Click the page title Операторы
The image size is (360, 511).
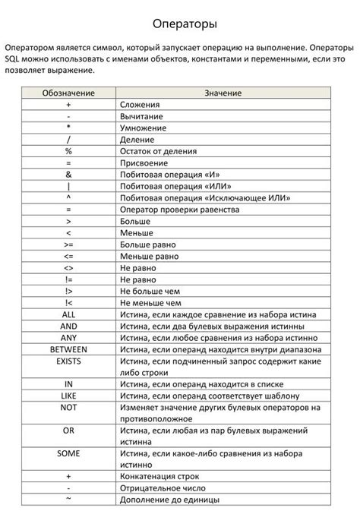(179, 24)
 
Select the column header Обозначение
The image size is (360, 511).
(68, 93)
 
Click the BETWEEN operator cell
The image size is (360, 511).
(68, 349)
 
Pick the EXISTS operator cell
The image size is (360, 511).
(68, 361)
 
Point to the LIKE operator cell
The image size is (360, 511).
(68, 396)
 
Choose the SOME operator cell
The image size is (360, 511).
(68, 453)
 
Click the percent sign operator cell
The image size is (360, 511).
(68, 151)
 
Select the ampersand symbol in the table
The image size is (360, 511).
(68, 174)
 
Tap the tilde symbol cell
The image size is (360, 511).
(68, 500)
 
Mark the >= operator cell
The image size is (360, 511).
(68, 244)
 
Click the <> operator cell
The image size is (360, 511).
(68, 267)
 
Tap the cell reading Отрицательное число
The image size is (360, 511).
(160, 488)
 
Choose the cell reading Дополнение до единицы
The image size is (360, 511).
(169, 500)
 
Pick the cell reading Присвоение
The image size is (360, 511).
(144, 162)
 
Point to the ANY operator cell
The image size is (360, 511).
(68, 338)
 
